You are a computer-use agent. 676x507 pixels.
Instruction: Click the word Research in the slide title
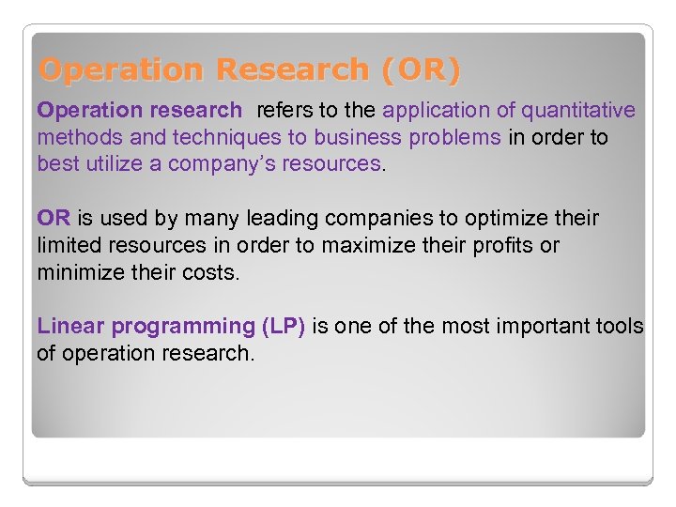[291, 69]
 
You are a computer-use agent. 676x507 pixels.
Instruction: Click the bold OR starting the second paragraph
[54, 219]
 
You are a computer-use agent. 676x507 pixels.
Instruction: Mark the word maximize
[368, 245]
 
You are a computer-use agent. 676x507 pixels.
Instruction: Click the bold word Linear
[69, 327]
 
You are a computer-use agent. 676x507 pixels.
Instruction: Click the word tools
[621, 327]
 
